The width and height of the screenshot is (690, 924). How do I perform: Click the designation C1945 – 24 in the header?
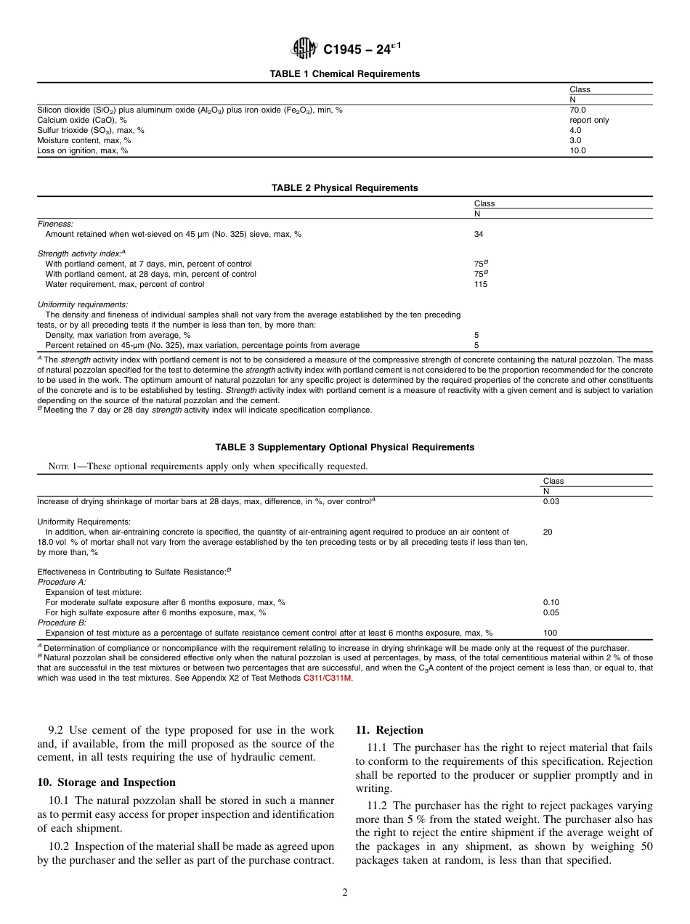click(361, 49)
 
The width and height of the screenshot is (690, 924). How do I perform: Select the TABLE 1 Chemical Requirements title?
click(344, 74)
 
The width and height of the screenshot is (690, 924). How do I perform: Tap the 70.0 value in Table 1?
click(578, 110)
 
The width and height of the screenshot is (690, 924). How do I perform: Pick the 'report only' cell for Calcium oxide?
click(589, 120)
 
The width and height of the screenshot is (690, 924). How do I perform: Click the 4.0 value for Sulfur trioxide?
click(576, 130)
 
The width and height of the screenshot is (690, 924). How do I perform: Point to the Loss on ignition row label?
click(82, 150)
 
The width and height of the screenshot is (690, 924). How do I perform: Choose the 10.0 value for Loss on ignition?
click(578, 150)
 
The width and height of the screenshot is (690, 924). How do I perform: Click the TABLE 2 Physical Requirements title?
click(344, 188)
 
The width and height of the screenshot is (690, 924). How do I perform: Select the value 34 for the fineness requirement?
click(479, 234)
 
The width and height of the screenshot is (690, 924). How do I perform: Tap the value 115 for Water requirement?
click(481, 284)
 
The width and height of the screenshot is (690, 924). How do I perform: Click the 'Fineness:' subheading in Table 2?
click(55, 224)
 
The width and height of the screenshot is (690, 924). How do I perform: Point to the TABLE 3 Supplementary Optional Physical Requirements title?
click(344, 447)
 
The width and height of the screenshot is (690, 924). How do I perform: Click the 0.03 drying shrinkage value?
click(551, 501)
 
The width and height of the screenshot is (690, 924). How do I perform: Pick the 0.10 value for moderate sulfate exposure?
click(551, 602)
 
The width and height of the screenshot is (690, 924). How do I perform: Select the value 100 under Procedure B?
click(550, 633)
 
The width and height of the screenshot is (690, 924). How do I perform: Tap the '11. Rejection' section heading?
click(389, 730)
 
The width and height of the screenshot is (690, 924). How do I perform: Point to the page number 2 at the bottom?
click(345, 893)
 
